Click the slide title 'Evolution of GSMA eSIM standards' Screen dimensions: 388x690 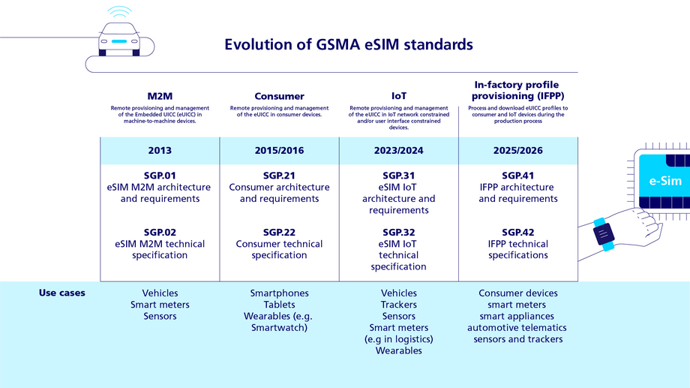(x=349, y=44)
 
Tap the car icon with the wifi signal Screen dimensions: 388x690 (x=118, y=38)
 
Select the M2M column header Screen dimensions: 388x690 (x=159, y=96)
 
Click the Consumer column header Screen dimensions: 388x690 (x=279, y=96)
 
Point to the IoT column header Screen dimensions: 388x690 (x=399, y=96)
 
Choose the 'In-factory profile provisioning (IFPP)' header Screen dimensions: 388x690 (x=517, y=90)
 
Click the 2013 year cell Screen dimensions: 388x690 (x=159, y=150)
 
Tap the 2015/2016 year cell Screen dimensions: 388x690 (x=279, y=150)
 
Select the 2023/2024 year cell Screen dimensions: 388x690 (x=399, y=150)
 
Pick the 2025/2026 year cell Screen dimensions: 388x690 (x=517, y=150)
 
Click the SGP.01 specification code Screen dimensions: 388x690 (x=159, y=176)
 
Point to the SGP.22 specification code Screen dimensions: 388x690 (x=279, y=232)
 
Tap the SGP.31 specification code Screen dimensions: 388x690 (x=399, y=176)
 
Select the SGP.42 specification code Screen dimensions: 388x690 (x=517, y=232)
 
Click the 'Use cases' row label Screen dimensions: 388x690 (x=61, y=293)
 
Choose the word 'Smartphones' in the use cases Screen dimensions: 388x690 (x=279, y=293)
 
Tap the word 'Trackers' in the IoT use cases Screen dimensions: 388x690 (x=399, y=305)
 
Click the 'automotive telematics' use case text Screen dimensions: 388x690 (x=517, y=327)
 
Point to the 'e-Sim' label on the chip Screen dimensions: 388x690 (x=664, y=181)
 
